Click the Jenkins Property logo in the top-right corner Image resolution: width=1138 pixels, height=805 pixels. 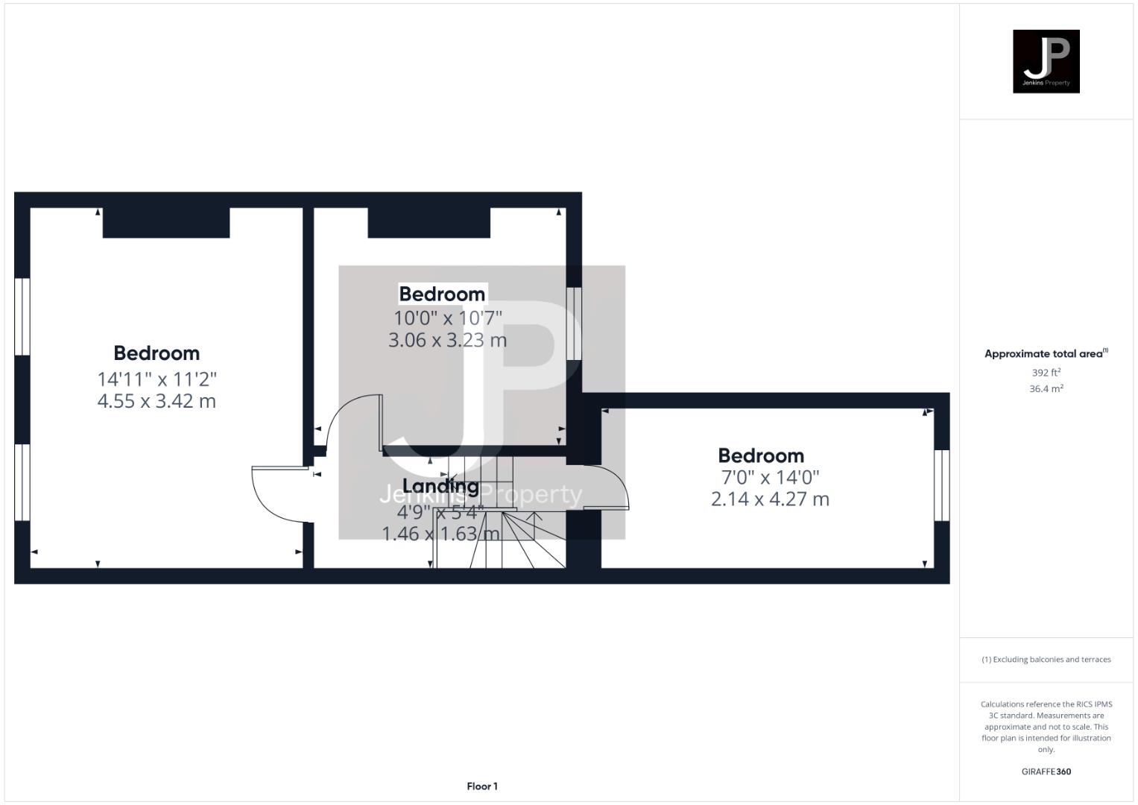1046,61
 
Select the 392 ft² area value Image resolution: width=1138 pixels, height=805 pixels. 1046,373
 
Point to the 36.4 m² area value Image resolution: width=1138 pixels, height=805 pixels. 1046,389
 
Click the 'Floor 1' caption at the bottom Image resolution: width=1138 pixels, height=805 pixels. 482,786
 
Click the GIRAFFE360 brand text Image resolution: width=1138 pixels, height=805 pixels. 1046,772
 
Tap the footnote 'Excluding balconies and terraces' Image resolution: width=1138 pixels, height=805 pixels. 1046,660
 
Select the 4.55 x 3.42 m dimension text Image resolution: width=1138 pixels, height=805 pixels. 157,402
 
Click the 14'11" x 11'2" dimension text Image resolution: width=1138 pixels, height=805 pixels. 157,379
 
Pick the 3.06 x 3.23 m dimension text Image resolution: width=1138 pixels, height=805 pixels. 447,341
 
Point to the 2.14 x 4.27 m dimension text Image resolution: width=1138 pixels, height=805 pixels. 770,499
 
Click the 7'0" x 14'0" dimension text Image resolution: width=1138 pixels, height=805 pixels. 770,478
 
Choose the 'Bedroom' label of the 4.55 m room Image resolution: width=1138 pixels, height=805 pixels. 157,353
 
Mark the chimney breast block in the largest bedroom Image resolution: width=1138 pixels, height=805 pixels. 165,223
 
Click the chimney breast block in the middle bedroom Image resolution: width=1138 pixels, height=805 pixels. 429,223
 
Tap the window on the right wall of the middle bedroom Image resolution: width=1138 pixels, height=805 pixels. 574,323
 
